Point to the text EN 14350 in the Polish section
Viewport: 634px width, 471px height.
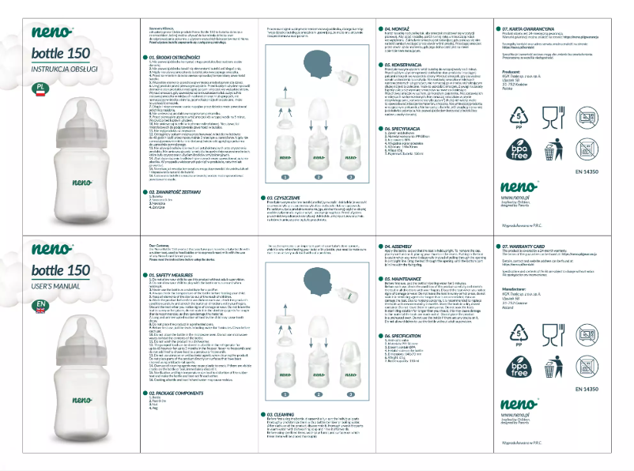586,168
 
